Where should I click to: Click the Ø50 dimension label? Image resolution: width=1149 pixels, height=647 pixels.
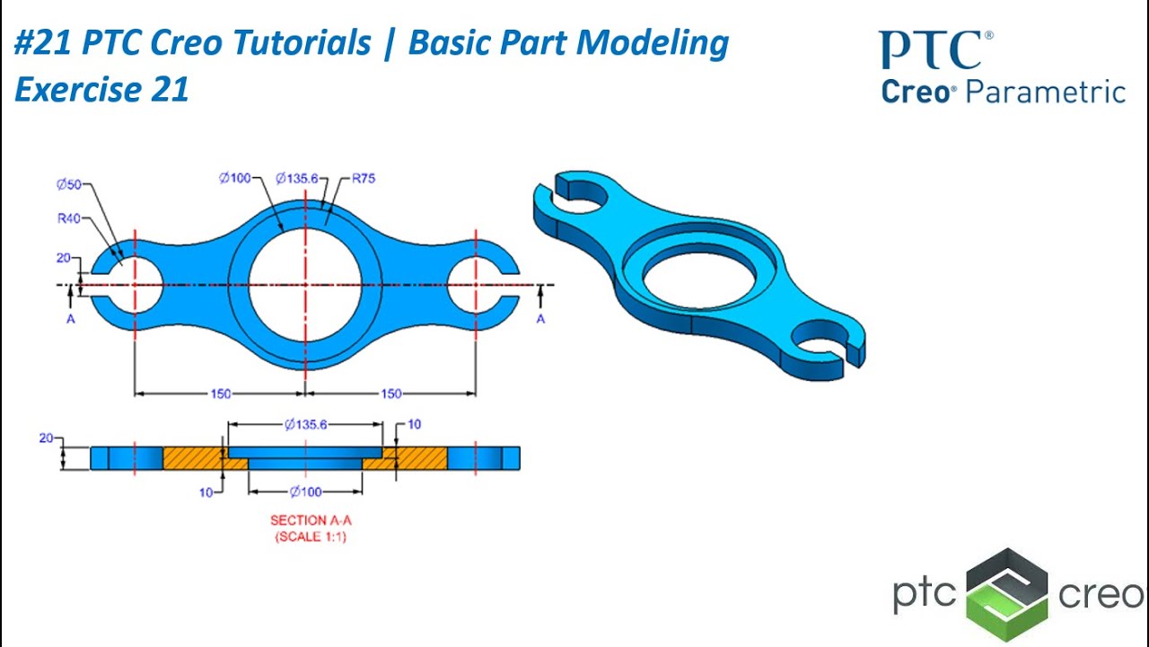point(68,185)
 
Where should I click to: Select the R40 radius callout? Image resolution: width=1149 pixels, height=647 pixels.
point(68,217)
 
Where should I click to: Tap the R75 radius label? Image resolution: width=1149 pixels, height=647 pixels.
point(363,178)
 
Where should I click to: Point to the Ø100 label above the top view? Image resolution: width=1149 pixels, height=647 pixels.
point(235,178)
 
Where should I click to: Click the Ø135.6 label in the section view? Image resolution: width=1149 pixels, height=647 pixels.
point(305,424)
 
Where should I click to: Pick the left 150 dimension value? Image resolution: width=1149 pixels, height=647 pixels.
point(220,394)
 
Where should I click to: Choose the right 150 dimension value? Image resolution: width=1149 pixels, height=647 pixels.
point(390,394)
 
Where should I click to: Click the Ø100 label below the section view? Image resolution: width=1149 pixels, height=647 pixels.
point(305,492)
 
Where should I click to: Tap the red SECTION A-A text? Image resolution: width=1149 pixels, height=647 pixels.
point(311,520)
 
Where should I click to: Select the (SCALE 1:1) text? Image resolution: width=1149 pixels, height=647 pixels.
point(311,536)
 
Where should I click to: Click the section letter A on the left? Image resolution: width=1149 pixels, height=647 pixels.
point(71,319)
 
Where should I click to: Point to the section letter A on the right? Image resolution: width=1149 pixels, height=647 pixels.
point(540,319)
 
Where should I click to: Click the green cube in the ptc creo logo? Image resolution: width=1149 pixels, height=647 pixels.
point(1007,595)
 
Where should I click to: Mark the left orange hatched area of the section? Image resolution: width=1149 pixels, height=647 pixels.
point(193,458)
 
